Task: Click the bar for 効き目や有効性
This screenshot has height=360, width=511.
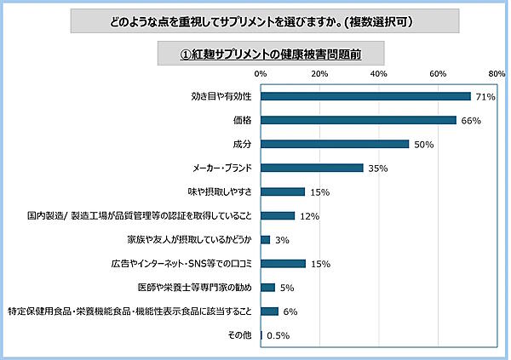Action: (x=365, y=96)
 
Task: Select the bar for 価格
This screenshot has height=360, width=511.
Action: (x=359, y=120)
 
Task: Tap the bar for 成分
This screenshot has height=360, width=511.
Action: (x=335, y=144)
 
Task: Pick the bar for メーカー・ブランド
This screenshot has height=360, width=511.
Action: (x=313, y=168)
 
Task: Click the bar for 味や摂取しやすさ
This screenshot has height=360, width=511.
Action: (x=283, y=191)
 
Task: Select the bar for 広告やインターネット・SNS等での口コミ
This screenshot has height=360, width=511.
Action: (x=283, y=264)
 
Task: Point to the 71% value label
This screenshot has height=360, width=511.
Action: (x=485, y=97)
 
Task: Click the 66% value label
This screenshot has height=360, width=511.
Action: (x=471, y=121)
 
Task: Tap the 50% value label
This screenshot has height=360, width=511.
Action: (x=423, y=145)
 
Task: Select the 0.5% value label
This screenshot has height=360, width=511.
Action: (x=278, y=336)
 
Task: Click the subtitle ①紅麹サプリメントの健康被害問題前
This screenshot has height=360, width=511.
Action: (x=270, y=53)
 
